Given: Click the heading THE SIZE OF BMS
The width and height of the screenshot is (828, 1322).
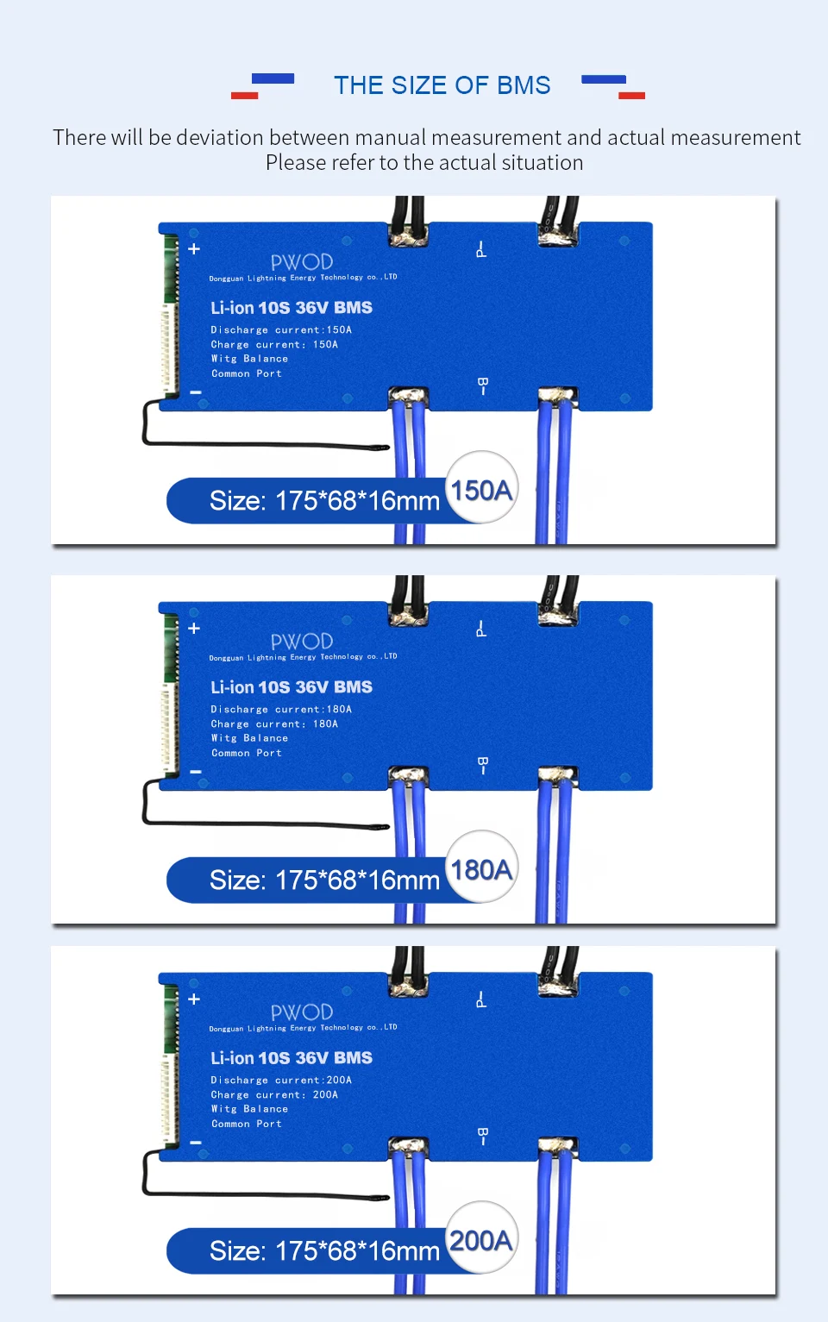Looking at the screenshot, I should [x=442, y=85].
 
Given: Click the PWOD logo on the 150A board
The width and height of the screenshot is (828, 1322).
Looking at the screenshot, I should [x=302, y=262].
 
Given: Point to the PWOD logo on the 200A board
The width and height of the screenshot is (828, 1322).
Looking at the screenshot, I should [x=302, y=1012].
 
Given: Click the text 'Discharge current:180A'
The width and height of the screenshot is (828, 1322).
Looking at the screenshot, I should [x=281, y=710].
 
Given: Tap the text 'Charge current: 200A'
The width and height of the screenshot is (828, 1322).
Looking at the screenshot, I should [x=274, y=1095].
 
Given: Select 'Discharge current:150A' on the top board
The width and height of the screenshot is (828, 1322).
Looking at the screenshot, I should [x=281, y=330].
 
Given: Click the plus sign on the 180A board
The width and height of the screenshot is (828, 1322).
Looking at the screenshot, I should [x=194, y=629].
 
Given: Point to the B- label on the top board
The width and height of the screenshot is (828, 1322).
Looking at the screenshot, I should [x=482, y=385].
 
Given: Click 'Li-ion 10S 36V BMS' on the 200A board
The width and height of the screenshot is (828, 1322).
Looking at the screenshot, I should [x=292, y=1058].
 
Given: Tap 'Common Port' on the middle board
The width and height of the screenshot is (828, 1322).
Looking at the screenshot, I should [x=247, y=754].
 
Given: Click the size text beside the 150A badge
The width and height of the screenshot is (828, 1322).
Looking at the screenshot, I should [x=324, y=501].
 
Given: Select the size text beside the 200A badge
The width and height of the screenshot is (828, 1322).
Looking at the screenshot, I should [x=324, y=1251].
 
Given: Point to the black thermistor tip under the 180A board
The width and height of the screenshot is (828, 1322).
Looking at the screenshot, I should [x=378, y=827].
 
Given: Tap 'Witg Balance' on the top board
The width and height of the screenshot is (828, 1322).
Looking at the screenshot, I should [x=249, y=360].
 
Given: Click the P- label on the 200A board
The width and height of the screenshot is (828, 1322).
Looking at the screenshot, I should [x=481, y=1000].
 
